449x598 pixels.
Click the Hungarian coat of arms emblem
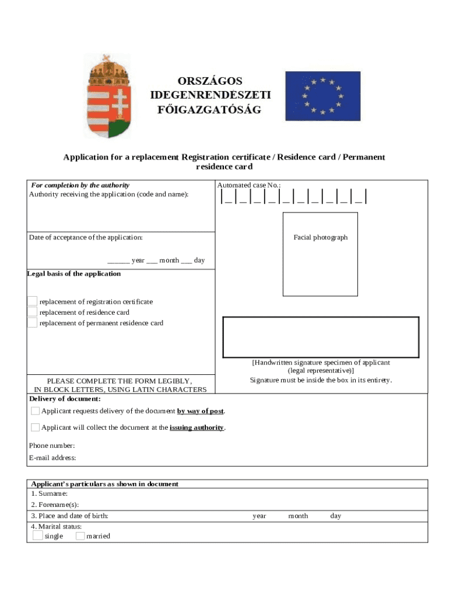[108, 96]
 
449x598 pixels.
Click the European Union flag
[322, 96]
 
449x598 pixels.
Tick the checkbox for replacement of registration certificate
[32, 301]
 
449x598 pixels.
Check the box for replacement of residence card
[32, 312]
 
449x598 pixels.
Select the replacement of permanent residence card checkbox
[32, 322]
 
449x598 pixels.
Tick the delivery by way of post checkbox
[36, 411]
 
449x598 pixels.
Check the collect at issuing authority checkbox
[36, 427]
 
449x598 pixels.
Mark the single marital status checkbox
[38, 536]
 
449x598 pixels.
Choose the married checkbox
[80, 536]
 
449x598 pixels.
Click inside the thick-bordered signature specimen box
[321, 337]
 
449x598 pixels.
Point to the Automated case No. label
[249, 185]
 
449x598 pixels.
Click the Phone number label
[52, 446]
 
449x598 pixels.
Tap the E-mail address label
[52, 458]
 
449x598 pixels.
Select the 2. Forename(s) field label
[55, 505]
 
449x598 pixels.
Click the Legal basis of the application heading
[74, 274]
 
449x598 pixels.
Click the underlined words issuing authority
[197, 427]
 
